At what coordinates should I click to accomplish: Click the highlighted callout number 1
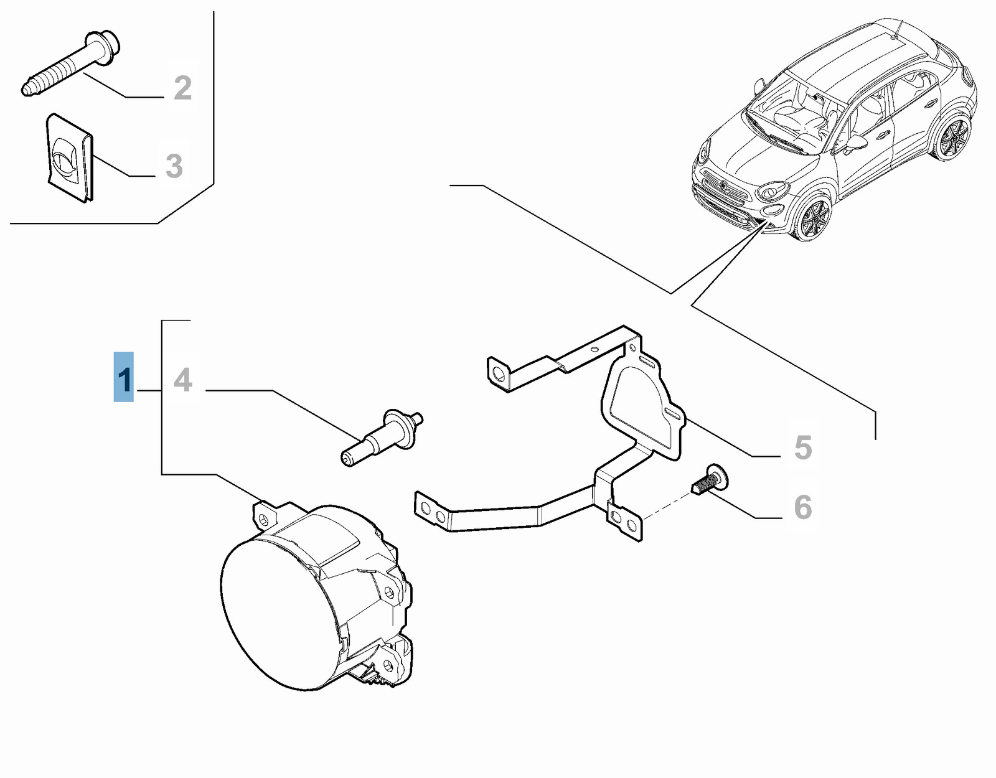click(x=124, y=377)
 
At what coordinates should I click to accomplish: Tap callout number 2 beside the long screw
click(x=183, y=88)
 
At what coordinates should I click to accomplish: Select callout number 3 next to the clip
click(x=174, y=166)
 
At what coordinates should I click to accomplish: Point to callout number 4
click(x=183, y=380)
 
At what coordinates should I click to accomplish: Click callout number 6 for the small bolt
click(x=802, y=507)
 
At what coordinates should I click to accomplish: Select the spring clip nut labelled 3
click(x=71, y=157)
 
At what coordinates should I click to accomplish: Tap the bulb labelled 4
click(x=382, y=438)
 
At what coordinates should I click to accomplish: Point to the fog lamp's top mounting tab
click(x=265, y=517)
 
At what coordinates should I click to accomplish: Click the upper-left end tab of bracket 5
click(x=498, y=374)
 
